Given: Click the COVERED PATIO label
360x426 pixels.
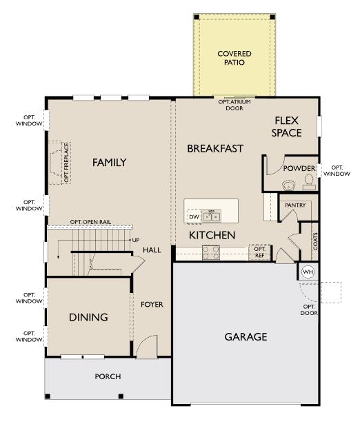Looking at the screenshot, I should pyautogui.click(x=234, y=58).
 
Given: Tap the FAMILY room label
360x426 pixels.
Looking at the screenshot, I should pyautogui.click(x=110, y=163).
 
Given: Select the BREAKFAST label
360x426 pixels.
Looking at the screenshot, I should pyautogui.click(x=215, y=148).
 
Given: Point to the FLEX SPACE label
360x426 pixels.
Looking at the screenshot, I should pyautogui.click(x=287, y=126).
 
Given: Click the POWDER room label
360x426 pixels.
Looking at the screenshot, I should pyautogui.click(x=299, y=169).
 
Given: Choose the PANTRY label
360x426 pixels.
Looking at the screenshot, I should pyautogui.click(x=295, y=205).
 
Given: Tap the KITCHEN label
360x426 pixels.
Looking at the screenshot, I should pyautogui.click(x=212, y=236).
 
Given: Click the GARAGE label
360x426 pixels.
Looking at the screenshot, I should pyautogui.click(x=246, y=337).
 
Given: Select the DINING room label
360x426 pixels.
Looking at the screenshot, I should pyautogui.click(x=88, y=317).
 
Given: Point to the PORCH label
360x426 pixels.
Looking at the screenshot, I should pyautogui.click(x=108, y=376).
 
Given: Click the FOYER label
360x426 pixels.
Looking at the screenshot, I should pyautogui.click(x=152, y=304).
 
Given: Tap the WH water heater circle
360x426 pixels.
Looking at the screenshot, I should pyautogui.click(x=308, y=271).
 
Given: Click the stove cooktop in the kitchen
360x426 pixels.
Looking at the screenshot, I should pyautogui.click(x=211, y=253).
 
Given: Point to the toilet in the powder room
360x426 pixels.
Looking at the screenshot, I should pyautogui.click(x=308, y=182).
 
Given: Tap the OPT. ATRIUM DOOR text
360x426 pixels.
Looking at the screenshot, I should pyautogui.click(x=234, y=105).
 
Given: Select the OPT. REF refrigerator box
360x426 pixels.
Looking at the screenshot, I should pyautogui.click(x=259, y=252).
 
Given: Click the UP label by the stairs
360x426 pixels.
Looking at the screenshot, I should pyautogui.click(x=135, y=240).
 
